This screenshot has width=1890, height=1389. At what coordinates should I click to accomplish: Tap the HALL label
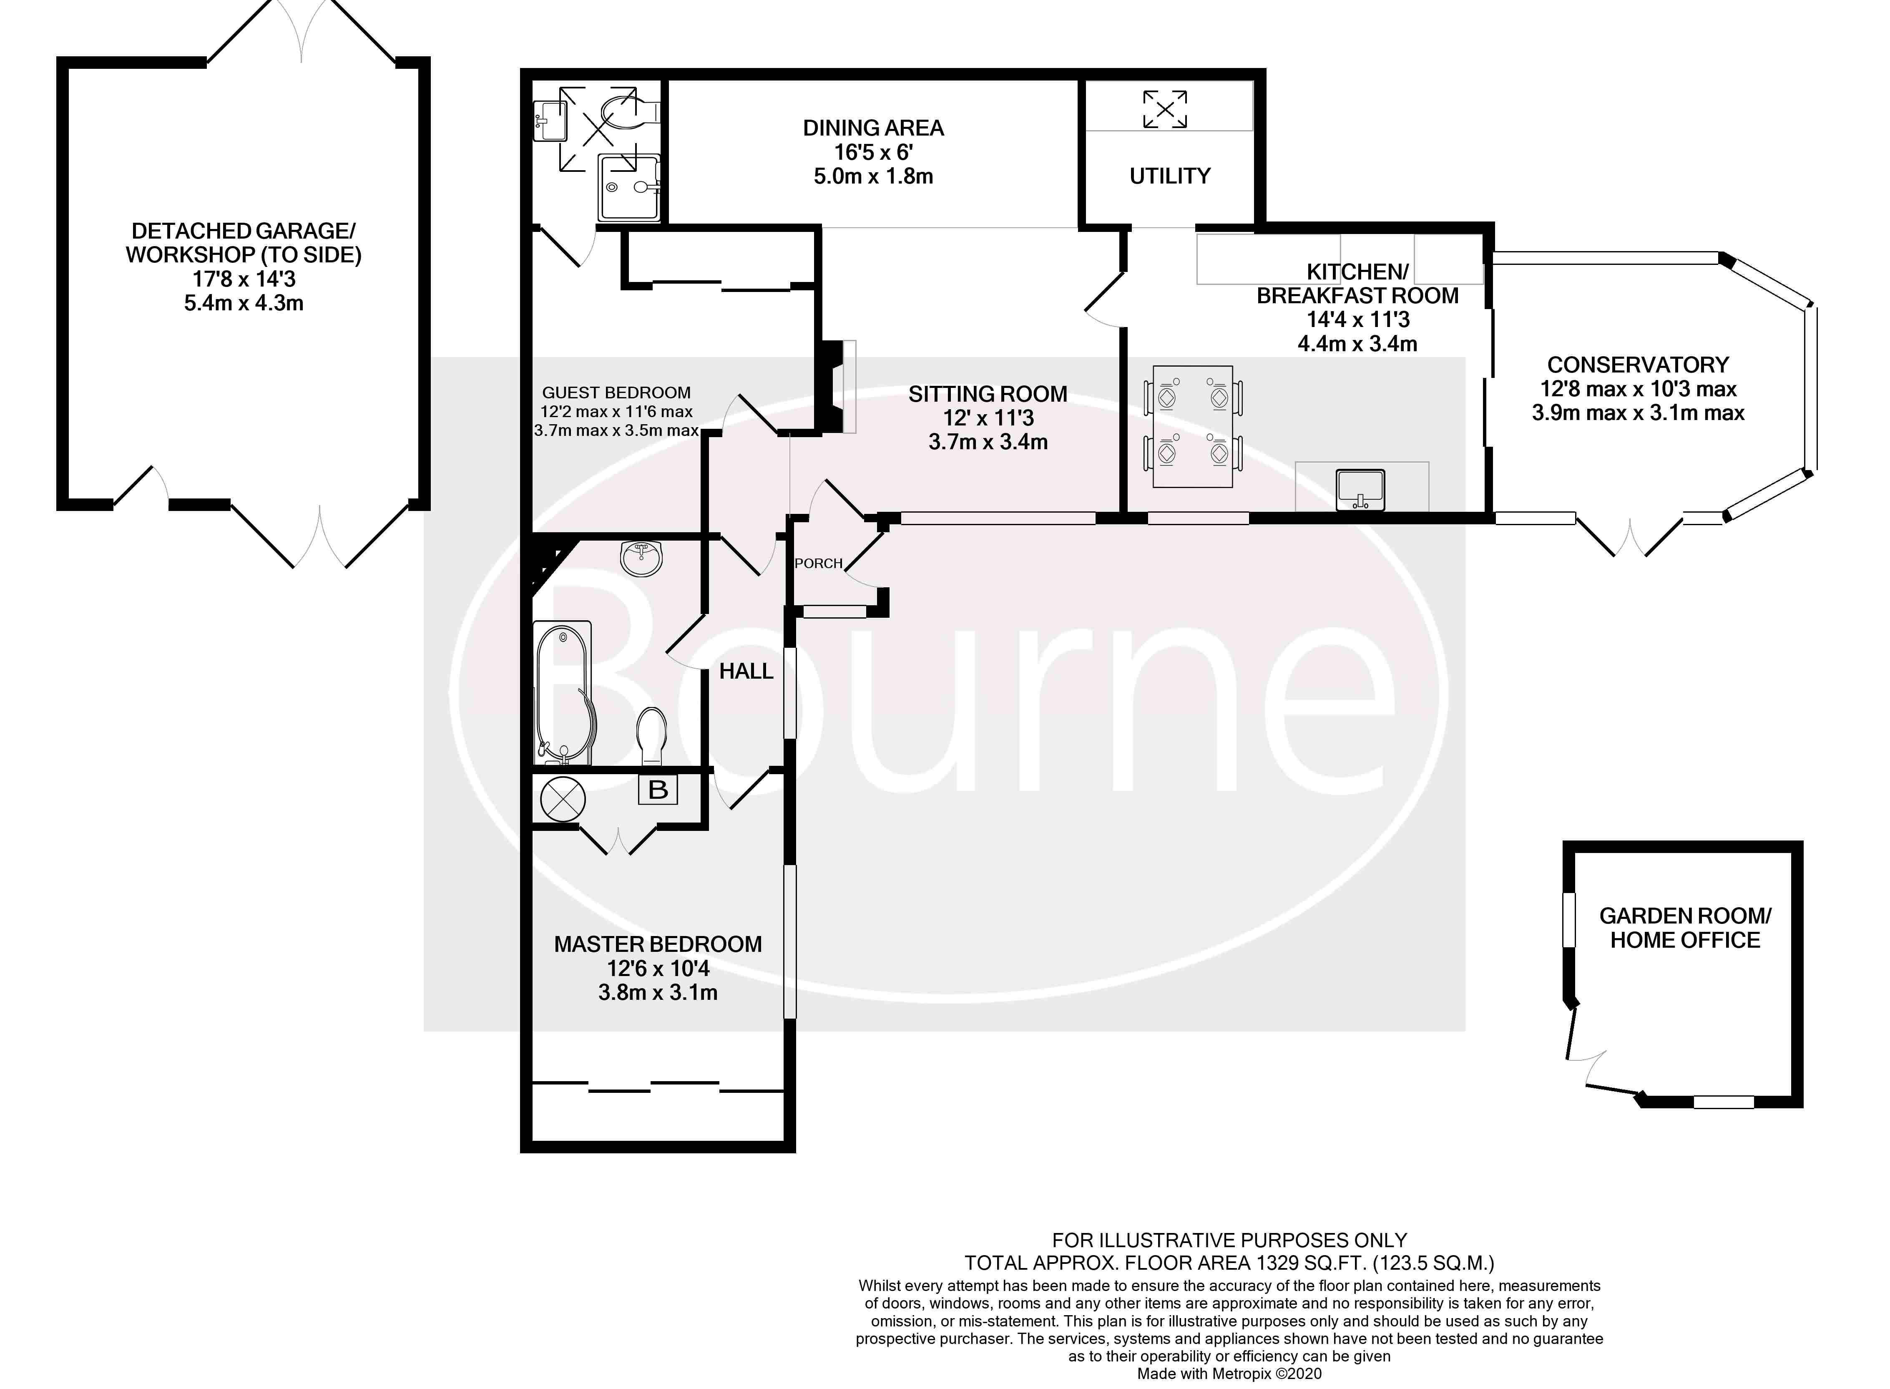pyautogui.click(x=746, y=671)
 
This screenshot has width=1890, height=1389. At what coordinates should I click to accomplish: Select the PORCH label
pyautogui.click(x=818, y=564)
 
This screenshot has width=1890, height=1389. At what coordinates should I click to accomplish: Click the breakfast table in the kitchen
pyautogui.click(x=1192, y=426)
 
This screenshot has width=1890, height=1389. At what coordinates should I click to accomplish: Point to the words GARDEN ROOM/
pyautogui.click(x=1685, y=916)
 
